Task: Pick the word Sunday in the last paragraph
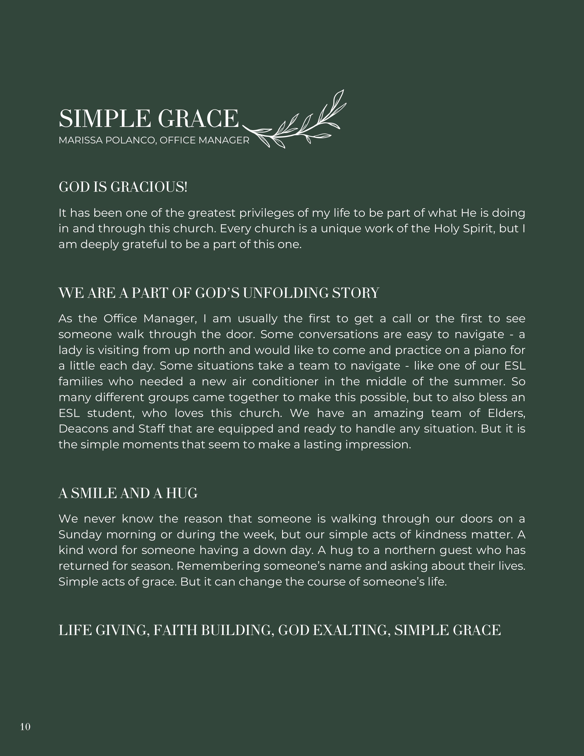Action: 80,535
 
